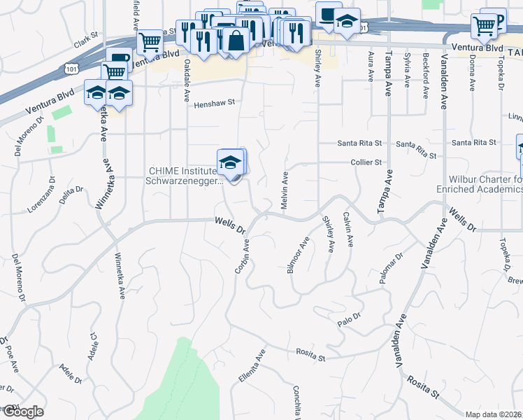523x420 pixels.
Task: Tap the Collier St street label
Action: tap(368, 162)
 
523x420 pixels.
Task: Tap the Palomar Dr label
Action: tap(392, 269)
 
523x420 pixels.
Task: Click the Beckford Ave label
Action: tap(424, 76)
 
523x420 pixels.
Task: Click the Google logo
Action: tap(22, 412)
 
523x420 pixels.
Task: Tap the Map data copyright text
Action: tap(494, 414)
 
